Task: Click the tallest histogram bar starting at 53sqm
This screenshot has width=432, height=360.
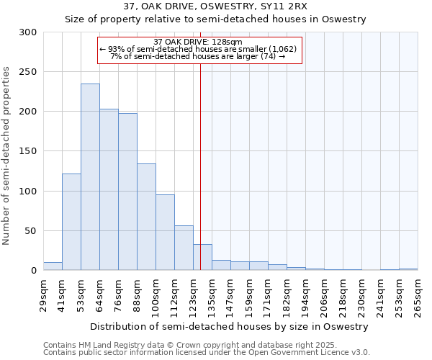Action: (x=90, y=177)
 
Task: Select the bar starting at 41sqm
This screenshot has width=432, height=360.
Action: (x=71, y=222)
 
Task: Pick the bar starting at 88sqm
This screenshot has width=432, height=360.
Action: (x=146, y=217)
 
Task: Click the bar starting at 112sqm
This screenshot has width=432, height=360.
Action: (x=184, y=248)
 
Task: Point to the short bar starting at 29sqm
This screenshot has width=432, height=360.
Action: (x=53, y=266)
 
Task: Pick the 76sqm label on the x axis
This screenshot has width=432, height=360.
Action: (x=121, y=294)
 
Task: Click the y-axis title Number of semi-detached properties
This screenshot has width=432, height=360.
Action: (x=7, y=156)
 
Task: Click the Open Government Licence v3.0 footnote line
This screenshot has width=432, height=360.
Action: (x=207, y=353)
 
